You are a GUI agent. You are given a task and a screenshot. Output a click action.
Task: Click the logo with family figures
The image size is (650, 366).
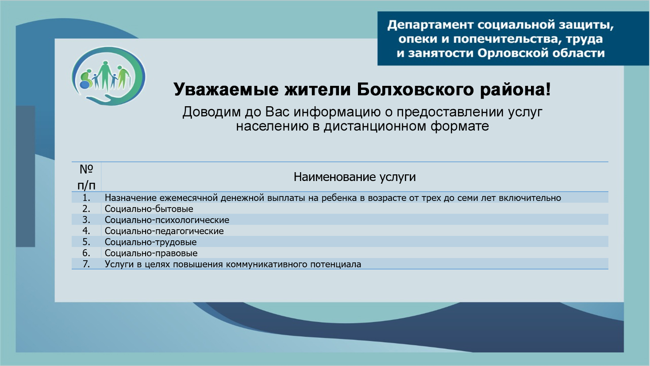click(x=108, y=76)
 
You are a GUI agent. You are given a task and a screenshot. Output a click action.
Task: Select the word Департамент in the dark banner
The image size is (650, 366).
click(x=431, y=25)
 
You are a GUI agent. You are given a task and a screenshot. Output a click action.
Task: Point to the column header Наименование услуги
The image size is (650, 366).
click(x=354, y=177)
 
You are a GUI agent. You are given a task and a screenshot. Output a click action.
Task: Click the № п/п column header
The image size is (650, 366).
click(x=86, y=177)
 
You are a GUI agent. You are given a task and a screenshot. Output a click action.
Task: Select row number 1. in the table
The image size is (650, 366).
click(x=86, y=198)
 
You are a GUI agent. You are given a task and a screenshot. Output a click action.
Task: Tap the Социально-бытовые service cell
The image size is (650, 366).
click(x=149, y=209)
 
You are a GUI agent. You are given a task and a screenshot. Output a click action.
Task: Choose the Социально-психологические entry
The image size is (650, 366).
click(x=167, y=220)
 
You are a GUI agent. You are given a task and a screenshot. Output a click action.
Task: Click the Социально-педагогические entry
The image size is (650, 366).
click(x=164, y=231)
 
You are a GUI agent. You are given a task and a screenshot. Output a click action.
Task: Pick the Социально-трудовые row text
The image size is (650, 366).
click(x=150, y=242)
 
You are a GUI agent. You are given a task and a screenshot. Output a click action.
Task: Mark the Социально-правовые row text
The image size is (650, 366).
click(x=151, y=253)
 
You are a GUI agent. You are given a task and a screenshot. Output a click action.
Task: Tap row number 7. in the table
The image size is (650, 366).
click(x=86, y=264)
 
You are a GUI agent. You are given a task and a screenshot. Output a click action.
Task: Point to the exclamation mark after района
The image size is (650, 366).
click(x=548, y=89)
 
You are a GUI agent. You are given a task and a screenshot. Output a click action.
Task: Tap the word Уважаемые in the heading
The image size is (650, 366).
click(x=226, y=90)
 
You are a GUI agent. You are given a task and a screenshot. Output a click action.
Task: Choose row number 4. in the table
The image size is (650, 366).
click(x=86, y=231)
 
